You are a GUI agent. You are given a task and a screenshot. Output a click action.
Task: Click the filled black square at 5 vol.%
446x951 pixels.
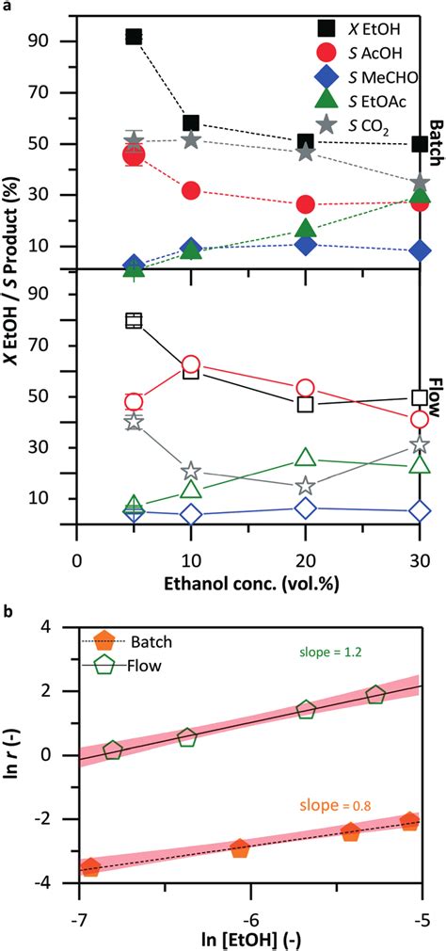coord(134,37)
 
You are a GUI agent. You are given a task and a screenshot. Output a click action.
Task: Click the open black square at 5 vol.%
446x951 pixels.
coord(134,321)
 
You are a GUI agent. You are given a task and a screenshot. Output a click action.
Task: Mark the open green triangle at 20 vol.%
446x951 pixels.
coord(305,458)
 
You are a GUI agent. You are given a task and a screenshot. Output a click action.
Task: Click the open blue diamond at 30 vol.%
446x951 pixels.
coord(420,511)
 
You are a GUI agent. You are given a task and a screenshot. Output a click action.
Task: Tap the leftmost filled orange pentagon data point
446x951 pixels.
coord(90,867)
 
